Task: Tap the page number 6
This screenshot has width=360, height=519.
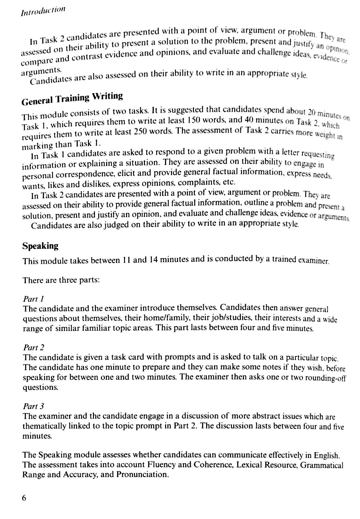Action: click(x=24, y=498)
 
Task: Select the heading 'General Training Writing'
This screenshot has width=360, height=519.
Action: click(x=72, y=98)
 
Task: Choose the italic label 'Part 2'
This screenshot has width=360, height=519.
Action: click(x=34, y=348)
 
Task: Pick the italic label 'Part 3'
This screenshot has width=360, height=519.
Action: click(x=34, y=406)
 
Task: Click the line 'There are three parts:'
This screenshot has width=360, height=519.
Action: click(x=61, y=280)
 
